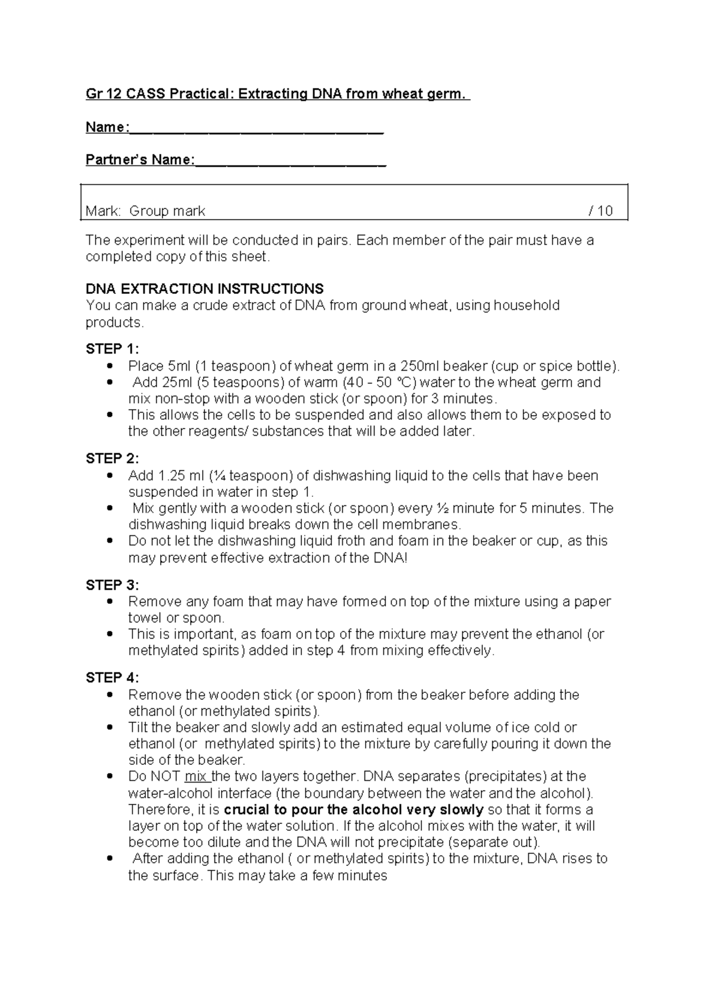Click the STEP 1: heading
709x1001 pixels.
(x=112, y=349)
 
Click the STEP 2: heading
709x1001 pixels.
(x=112, y=459)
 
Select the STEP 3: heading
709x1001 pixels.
(x=112, y=585)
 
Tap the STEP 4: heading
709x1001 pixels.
(x=112, y=678)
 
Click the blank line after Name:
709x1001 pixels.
(x=256, y=129)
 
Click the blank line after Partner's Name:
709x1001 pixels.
(x=291, y=161)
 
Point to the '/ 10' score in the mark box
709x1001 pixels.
(x=601, y=211)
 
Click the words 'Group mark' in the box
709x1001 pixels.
(x=167, y=211)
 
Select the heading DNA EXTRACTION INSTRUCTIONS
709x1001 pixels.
(x=204, y=289)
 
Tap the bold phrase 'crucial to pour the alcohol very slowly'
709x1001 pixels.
(x=354, y=810)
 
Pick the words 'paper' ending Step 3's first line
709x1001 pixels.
(x=594, y=602)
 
